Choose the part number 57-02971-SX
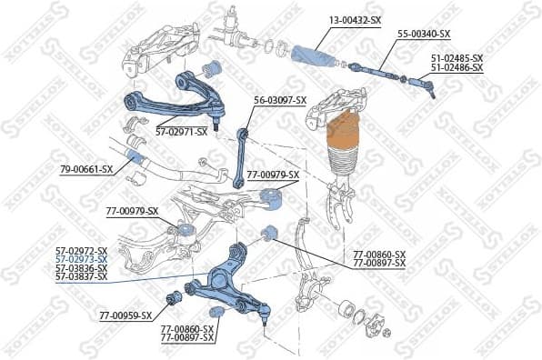point(181,131)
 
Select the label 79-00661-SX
point(86,169)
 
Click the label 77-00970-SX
point(132,211)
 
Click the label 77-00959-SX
point(125,316)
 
